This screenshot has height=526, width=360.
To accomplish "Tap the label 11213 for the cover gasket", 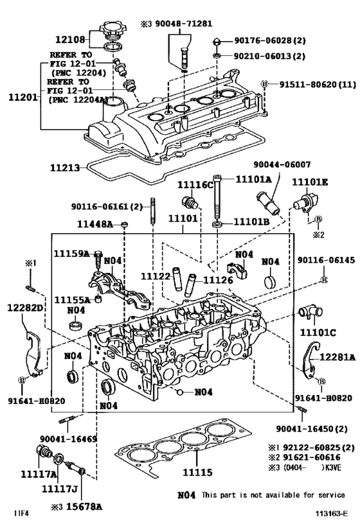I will pos(66,168).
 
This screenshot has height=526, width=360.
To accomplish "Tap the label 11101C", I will pos(318,333).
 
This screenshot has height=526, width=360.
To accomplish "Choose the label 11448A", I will pos(95,224).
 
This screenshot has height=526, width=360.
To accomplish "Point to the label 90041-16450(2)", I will pos(312,428).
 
